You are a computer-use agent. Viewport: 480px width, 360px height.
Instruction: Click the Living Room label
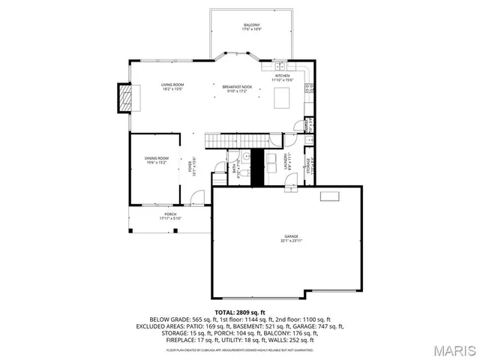[172, 87]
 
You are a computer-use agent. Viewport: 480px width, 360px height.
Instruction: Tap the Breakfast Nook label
[235, 89]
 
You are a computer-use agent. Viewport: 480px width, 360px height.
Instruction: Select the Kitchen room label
[283, 78]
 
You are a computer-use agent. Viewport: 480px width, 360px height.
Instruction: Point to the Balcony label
[251, 28]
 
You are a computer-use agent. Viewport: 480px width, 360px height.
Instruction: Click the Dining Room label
[157, 160]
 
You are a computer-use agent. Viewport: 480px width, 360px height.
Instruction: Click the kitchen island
[282, 98]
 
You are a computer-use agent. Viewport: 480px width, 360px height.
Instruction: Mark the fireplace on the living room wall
[124, 97]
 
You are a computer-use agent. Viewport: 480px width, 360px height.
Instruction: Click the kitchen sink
[268, 67]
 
